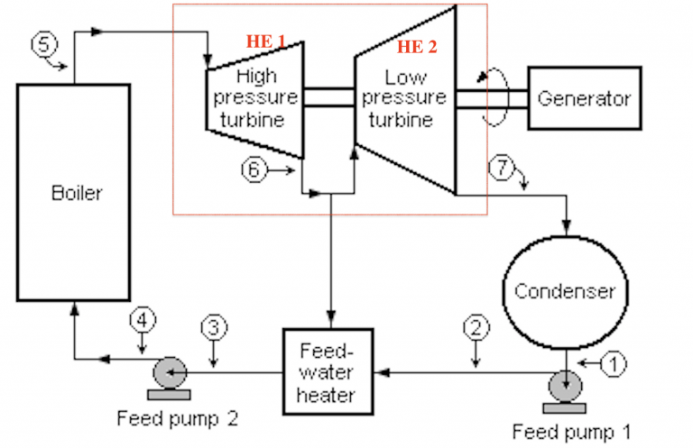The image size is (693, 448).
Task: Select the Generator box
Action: pyautogui.click(x=584, y=97)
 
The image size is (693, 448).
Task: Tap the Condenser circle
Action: pyautogui.click(x=564, y=290)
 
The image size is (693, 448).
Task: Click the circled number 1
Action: pyautogui.click(x=614, y=364)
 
